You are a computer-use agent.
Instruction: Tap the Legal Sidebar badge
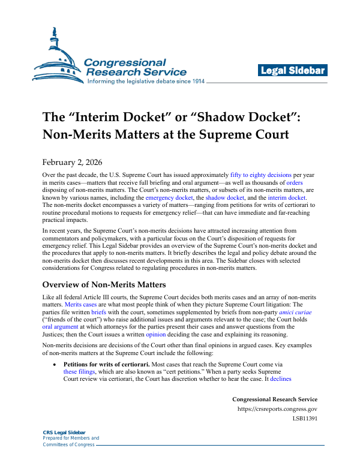pos(293,71)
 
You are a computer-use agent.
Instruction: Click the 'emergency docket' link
pos(170,197)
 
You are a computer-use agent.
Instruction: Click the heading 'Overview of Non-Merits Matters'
pos(110,284)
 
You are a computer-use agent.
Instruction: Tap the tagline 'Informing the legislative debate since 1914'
pos(146,81)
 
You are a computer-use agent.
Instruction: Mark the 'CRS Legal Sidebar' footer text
pos(64,432)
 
